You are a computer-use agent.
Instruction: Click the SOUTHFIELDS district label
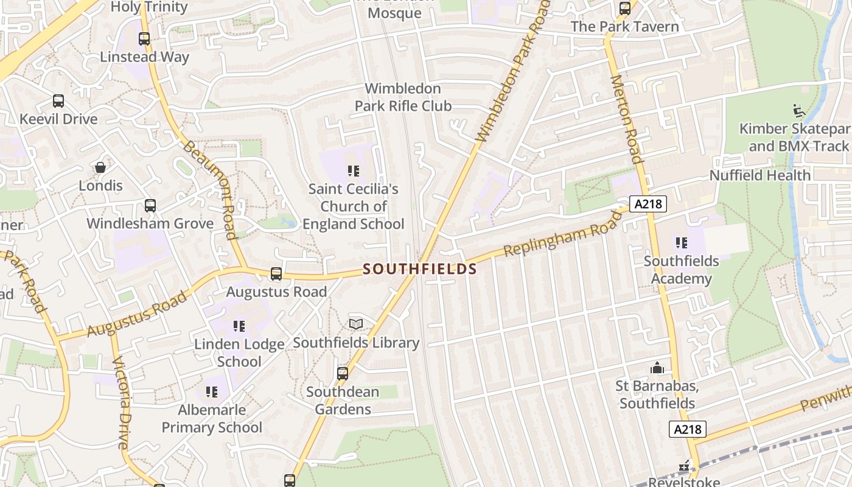[x=420, y=268]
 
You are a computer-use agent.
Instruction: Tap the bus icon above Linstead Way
[x=144, y=39]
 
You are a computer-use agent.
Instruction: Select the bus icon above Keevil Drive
[x=58, y=101]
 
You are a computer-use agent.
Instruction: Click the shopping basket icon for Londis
[x=100, y=167]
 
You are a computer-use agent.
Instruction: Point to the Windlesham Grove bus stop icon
[x=150, y=206]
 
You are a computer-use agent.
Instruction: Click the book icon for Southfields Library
[x=356, y=324]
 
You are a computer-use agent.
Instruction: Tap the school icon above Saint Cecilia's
[x=354, y=171]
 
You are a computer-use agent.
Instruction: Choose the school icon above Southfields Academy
[x=681, y=243]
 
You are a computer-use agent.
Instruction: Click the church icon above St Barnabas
[x=657, y=368]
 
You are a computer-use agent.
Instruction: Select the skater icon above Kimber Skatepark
[x=799, y=111]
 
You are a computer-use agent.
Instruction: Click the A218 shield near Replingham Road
[x=648, y=205]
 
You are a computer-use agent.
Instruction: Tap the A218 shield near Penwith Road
[x=688, y=429]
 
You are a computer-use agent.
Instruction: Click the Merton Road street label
[x=627, y=119]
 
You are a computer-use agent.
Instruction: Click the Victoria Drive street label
[x=122, y=402]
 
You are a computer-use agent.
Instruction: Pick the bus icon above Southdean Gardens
[x=343, y=373]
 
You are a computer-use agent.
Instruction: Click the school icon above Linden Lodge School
[x=239, y=326]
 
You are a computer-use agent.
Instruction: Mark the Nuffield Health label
[x=760, y=175]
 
